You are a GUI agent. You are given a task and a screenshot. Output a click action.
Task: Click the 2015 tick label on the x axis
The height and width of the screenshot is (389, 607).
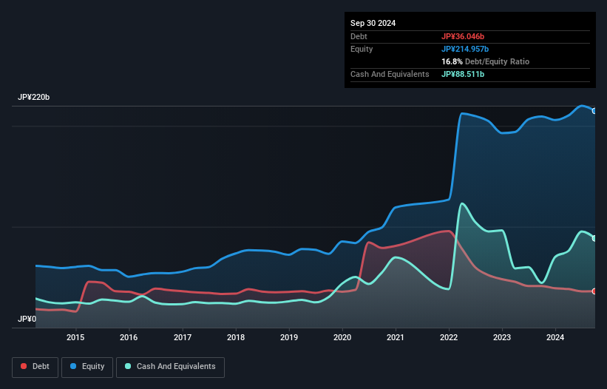tap(75, 337)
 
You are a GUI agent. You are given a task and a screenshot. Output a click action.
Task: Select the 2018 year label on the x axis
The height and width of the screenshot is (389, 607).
tap(236, 337)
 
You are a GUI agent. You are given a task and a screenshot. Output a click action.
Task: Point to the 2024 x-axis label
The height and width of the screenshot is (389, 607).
tap(555, 337)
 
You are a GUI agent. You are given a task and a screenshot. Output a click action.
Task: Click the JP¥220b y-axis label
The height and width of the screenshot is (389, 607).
tap(33, 98)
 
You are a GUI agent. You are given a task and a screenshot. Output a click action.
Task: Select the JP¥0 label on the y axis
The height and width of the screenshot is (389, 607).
tap(26, 319)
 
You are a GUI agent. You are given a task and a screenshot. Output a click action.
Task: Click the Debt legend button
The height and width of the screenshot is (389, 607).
tap(35, 366)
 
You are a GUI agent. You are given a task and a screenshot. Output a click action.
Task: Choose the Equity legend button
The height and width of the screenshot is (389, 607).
tap(87, 366)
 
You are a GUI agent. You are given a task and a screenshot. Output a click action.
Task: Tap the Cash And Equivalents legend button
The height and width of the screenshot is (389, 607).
tap(170, 366)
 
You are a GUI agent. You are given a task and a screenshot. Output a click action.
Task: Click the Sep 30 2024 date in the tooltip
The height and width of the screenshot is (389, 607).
tap(373, 23)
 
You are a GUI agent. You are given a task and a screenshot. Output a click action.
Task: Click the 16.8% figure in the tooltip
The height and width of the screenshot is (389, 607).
tap(452, 61)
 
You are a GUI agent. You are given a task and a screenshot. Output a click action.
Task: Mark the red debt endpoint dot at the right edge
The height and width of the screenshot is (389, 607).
tap(594, 291)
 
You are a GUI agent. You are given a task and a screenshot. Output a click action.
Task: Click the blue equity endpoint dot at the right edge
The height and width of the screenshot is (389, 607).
tap(594, 111)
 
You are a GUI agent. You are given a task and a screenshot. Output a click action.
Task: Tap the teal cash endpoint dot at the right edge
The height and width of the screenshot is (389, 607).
tap(594, 238)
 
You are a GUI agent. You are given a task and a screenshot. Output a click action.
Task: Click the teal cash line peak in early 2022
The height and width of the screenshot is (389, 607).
tap(462, 203)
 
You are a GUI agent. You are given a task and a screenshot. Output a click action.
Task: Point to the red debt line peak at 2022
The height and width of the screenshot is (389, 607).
tap(449, 231)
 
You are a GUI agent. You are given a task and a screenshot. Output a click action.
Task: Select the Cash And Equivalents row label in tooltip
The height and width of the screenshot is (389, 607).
tap(390, 74)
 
